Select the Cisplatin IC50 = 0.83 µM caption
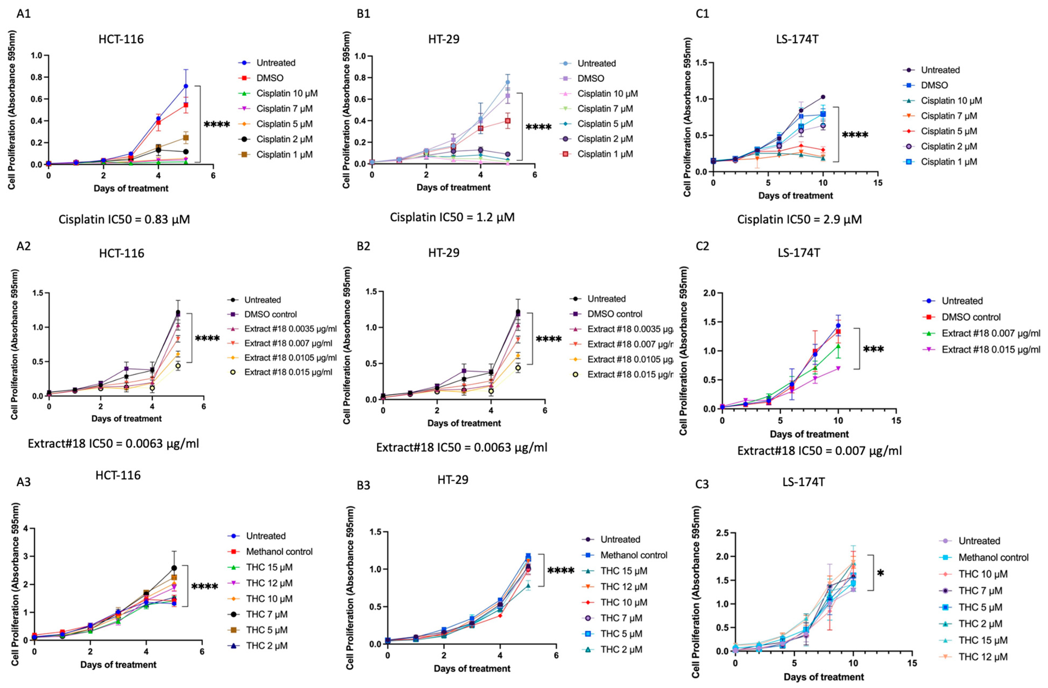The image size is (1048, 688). [x=124, y=219]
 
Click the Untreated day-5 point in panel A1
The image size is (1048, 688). [x=186, y=86]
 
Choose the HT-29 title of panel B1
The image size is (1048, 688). [x=444, y=39]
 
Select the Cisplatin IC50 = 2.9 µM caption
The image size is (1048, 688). [x=799, y=219]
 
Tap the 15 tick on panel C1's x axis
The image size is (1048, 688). [x=878, y=183]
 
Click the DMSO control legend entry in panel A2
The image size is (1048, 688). [x=270, y=314]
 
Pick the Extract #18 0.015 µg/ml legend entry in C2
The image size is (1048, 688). [x=991, y=349]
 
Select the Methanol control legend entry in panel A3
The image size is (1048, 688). [x=279, y=551]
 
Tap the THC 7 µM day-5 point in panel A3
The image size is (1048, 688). [x=174, y=568]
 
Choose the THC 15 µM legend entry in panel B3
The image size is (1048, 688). [x=623, y=571]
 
